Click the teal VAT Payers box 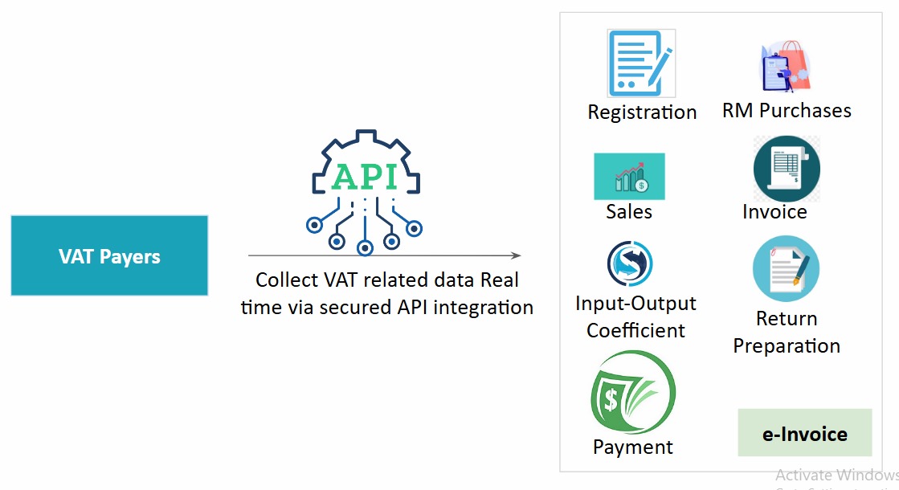(x=109, y=255)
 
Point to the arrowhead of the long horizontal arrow (x=516, y=255)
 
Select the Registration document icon (x=640, y=63)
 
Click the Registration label (x=642, y=112)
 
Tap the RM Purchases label (x=787, y=110)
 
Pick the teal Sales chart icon (x=629, y=176)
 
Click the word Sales (x=629, y=211)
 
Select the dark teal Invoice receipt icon (x=786, y=169)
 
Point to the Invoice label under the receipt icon (x=774, y=211)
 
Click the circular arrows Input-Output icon (x=629, y=264)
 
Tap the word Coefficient (x=635, y=330)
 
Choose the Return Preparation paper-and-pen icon (x=786, y=268)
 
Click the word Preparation (x=787, y=346)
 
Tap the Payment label (x=633, y=447)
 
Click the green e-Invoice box (x=804, y=433)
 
